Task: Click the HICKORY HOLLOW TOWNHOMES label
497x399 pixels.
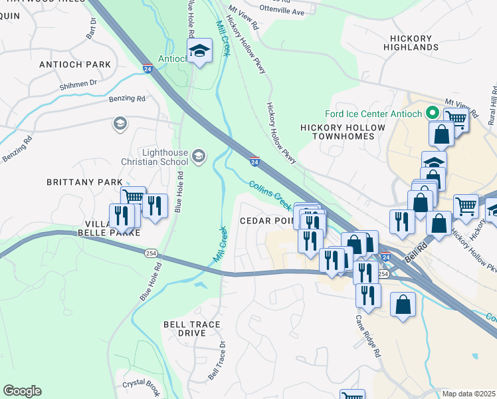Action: (342, 132)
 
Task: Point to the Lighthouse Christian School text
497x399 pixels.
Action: (154, 157)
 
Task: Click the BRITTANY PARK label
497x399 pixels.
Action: (84, 182)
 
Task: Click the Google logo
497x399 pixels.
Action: (22, 391)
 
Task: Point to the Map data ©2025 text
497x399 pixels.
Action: (468, 394)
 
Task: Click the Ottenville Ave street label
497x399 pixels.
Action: (282, 12)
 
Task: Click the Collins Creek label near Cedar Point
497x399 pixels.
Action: (270, 194)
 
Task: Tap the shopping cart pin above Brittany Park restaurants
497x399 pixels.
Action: (134, 197)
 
